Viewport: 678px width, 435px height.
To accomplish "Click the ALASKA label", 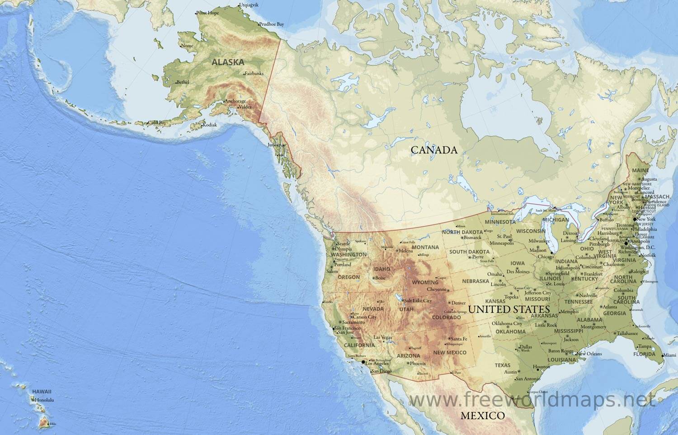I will click(x=228, y=62).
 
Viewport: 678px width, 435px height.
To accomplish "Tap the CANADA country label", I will click(x=434, y=150).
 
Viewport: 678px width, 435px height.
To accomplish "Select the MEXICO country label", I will click(x=482, y=416).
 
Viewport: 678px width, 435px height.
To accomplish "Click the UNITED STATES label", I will click(x=509, y=309).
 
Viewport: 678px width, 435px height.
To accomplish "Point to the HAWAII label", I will click(x=42, y=392).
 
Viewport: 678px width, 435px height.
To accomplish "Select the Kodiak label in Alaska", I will click(x=209, y=125).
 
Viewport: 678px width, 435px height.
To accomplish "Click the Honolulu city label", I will click(x=44, y=400).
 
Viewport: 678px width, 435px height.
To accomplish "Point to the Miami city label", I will click(x=670, y=355).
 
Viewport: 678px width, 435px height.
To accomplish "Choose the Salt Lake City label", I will click(x=418, y=300).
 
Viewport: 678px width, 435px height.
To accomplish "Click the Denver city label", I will click(x=458, y=303).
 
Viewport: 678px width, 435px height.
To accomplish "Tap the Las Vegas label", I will click(x=383, y=337).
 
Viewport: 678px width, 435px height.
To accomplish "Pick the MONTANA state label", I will click(x=425, y=247).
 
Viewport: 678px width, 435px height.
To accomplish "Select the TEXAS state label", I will click(x=502, y=365).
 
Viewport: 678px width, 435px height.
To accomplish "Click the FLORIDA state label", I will click(x=644, y=354).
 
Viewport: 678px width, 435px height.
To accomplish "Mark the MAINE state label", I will click(x=640, y=170).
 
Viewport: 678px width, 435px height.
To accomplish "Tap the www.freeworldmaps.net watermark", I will click(x=532, y=399).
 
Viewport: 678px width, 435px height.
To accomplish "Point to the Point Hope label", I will click(x=208, y=13).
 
